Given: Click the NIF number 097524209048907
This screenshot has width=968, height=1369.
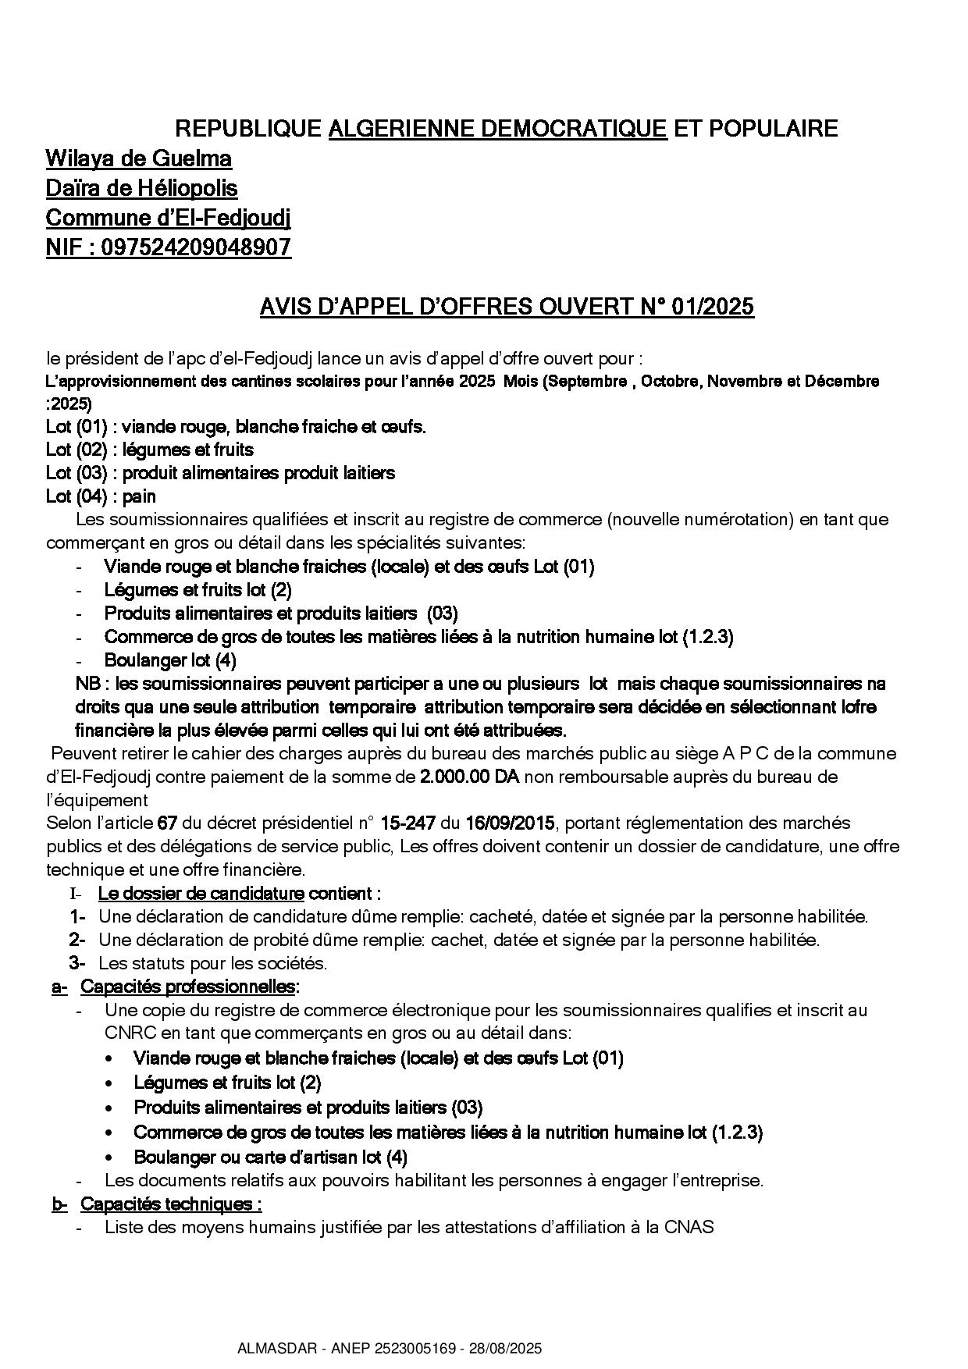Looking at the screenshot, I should (x=196, y=247).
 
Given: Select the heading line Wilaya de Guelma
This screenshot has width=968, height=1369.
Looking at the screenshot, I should (x=139, y=158).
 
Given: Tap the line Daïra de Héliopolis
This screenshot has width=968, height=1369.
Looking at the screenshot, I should (x=142, y=188).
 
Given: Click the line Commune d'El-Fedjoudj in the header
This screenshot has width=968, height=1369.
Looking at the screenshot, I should (x=169, y=218).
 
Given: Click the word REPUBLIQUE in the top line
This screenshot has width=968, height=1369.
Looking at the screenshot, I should (x=247, y=128).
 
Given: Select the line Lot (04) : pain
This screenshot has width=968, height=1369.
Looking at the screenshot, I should (x=101, y=496).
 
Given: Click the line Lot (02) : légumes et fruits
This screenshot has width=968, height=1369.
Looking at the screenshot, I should (x=150, y=450).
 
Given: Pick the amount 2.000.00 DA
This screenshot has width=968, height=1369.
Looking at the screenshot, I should (x=469, y=777).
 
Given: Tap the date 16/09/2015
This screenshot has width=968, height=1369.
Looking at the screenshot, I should (x=510, y=823).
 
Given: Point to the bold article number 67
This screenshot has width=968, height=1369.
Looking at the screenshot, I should (x=166, y=823).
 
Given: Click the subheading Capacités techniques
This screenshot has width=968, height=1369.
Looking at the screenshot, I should (x=171, y=1204).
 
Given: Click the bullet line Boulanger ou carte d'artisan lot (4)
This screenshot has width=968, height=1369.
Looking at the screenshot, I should (x=271, y=1157).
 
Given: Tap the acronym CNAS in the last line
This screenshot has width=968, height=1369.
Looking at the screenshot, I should (x=689, y=1227).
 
